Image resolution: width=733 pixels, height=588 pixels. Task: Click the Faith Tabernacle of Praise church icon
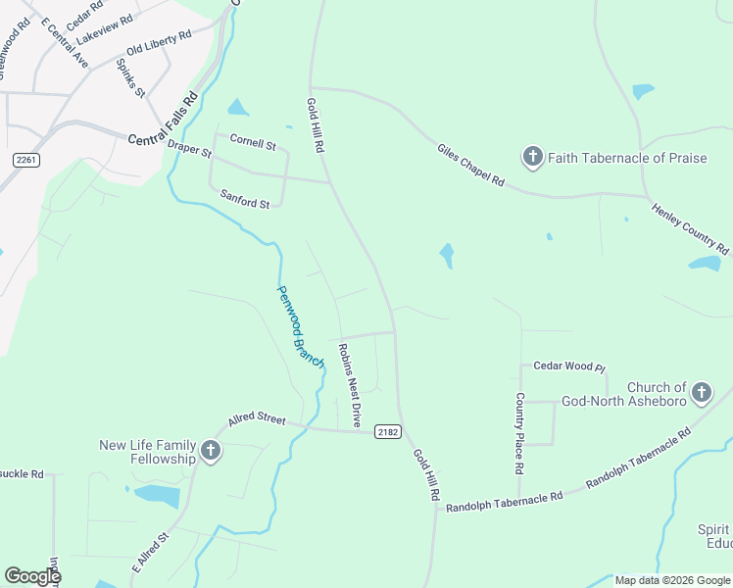532,157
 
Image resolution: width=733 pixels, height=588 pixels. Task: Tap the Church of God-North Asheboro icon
701,394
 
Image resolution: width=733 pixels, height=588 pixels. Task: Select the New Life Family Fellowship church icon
210,452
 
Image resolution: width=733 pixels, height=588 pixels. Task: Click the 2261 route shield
25,159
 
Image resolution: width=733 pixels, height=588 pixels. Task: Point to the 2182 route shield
387,431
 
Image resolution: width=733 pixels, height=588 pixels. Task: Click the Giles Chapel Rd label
470,164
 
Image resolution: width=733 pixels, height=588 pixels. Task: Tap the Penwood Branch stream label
300,326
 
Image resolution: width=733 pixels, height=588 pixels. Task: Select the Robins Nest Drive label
350,383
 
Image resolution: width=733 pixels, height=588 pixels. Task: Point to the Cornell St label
253,142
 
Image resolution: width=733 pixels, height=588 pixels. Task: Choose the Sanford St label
244,198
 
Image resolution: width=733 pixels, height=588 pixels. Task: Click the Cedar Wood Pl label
568,366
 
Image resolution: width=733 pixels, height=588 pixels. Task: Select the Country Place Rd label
519,434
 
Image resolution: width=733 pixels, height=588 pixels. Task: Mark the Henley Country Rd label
690,227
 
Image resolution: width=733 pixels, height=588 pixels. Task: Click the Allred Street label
256,419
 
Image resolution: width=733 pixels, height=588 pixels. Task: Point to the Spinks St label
130,78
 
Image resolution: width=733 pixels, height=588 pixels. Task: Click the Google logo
32,575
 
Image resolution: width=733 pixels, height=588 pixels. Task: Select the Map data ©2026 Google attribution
672,580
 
